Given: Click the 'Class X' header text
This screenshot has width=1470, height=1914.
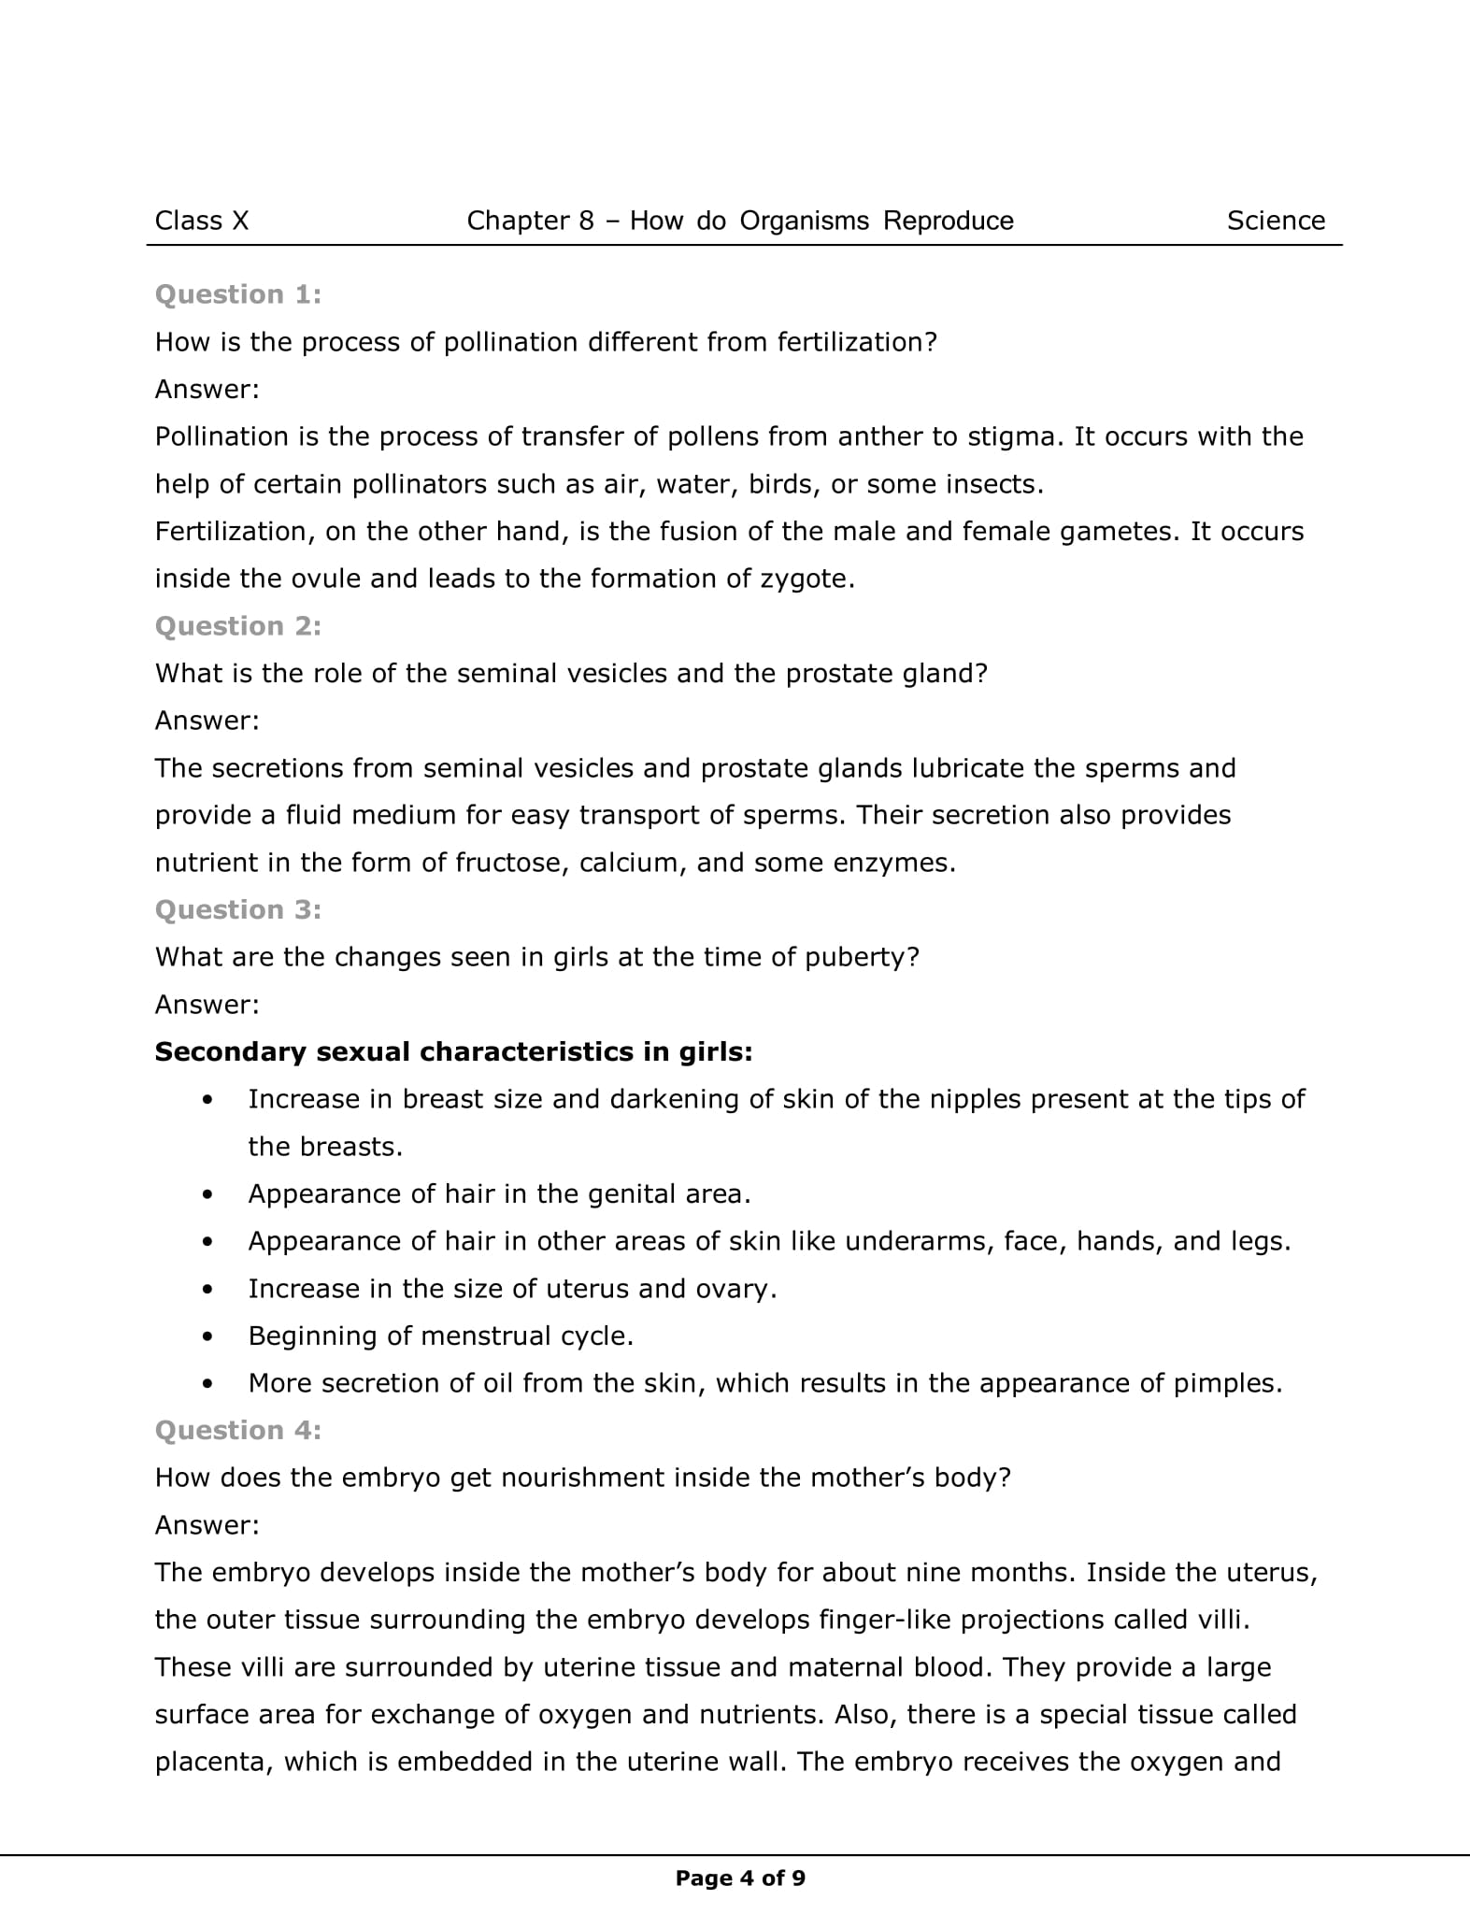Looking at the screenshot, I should [x=202, y=221].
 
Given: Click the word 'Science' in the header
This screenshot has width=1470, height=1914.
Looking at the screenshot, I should [x=1276, y=221].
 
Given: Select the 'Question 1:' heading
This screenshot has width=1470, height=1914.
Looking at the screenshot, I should [x=238, y=294].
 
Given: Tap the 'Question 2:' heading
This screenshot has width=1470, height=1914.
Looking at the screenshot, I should [x=238, y=626].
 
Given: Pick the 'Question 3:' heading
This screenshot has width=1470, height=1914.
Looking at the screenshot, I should [x=238, y=909].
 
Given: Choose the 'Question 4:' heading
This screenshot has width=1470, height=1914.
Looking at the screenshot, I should [x=238, y=1430].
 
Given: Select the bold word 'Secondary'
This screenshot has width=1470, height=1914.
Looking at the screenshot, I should [x=230, y=1052].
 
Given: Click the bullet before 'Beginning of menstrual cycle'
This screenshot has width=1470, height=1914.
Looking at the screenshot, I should [x=207, y=1336].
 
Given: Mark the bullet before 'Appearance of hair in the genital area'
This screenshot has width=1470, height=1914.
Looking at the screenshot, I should [x=207, y=1194].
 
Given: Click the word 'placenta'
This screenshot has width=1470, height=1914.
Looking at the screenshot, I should [x=211, y=1763].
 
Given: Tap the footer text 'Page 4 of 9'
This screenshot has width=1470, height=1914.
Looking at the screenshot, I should [x=740, y=1878].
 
